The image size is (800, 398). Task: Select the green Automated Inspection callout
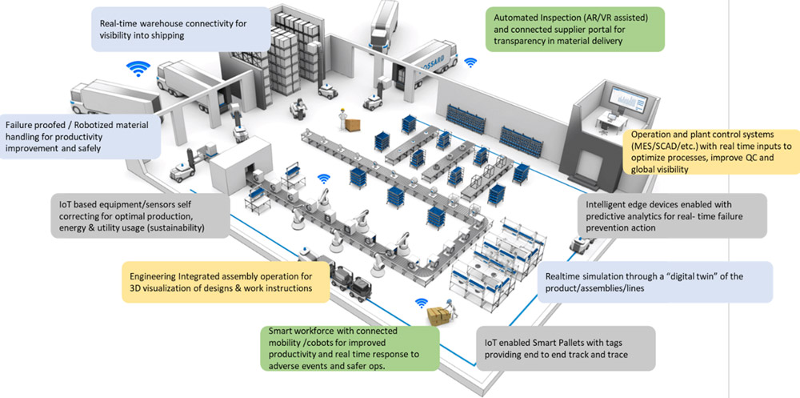(574, 30)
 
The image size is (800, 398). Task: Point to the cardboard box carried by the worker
(438, 317)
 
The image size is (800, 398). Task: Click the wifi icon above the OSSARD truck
(470, 61)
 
